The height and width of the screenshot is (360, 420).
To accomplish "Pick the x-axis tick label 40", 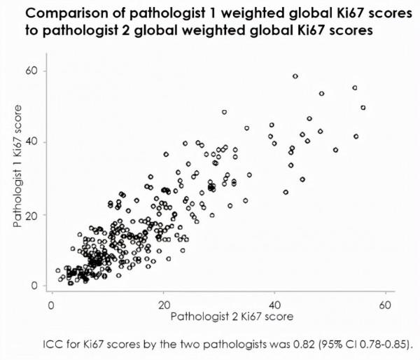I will (x=274, y=306).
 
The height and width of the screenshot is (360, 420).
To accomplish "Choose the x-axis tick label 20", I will (x=163, y=306).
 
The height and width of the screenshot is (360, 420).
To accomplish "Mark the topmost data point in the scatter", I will (x=295, y=76).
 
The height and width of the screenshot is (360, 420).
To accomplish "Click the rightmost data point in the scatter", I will (x=363, y=108).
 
